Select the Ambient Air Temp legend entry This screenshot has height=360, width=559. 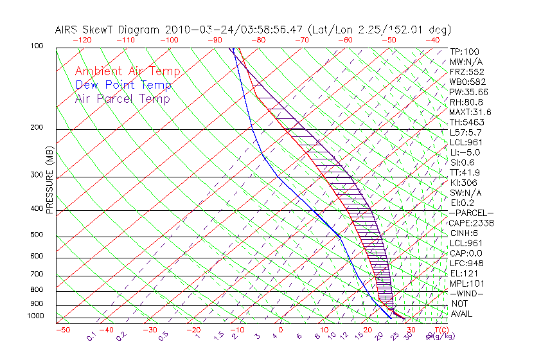pyautogui.click(x=127, y=72)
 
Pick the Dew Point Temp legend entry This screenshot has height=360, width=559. pyautogui.click(x=123, y=85)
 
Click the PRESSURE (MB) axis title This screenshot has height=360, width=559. pyautogui.click(x=49, y=181)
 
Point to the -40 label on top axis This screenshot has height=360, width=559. pyautogui.click(x=432, y=40)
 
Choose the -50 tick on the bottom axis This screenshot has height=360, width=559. pyautogui.click(x=62, y=330)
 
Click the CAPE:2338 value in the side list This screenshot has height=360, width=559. pyautogui.click(x=471, y=223)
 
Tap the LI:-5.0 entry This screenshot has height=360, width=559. pyautogui.click(x=465, y=152)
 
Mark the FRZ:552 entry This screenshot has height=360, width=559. pyautogui.click(x=466, y=71)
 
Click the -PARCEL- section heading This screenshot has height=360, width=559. pyautogui.click(x=471, y=213)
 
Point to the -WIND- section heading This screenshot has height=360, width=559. pyautogui.click(x=466, y=293)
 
